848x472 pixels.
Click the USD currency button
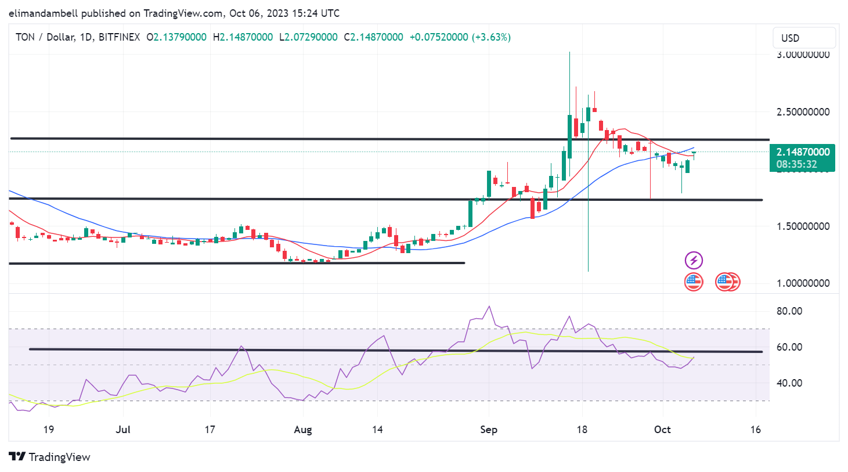(x=804, y=38)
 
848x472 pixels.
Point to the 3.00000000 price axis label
(x=803, y=55)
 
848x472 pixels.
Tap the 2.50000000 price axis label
(x=803, y=111)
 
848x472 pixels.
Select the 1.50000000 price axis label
(x=803, y=226)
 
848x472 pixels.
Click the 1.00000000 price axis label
(x=803, y=283)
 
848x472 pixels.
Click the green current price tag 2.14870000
(x=803, y=152)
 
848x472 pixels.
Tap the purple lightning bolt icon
(x=694, y=260)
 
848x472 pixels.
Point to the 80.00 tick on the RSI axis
(x=789, y=311)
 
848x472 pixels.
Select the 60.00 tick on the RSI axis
(x=789, y=347)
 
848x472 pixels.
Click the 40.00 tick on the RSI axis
(x=789, y=383)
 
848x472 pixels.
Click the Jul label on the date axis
(x=123, y=430)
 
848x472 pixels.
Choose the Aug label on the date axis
(x=303, y=430)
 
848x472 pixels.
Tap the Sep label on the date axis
(x=489, y=430)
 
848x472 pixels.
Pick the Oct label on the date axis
(x=662, y=430)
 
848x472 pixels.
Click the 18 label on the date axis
(x=582, y=430)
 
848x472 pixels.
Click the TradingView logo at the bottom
(x=50, y=457)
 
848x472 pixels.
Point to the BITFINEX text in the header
(x=119, y=37)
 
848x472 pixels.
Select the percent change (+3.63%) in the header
(x=491, y=37)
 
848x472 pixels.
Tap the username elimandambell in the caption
(x=44, y=13)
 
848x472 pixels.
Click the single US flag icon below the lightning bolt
(x=694, y=282)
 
